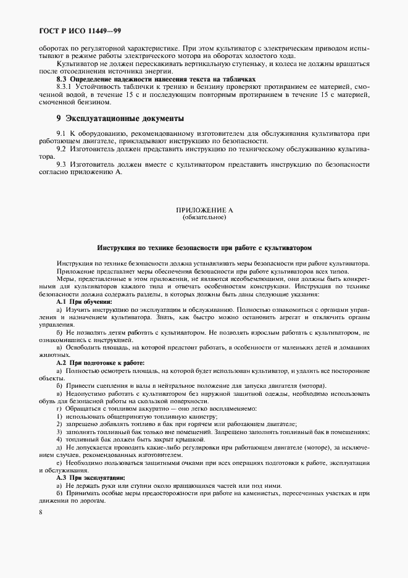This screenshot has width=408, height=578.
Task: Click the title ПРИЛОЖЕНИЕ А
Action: [x=204, y=211]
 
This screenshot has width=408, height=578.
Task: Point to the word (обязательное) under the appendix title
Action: [x=204, y=217]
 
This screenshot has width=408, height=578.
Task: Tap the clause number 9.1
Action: [x=61, y=133]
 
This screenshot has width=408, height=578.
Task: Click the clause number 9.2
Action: [x=61, y=149]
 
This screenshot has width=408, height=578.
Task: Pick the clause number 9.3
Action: [x=61, y=164]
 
